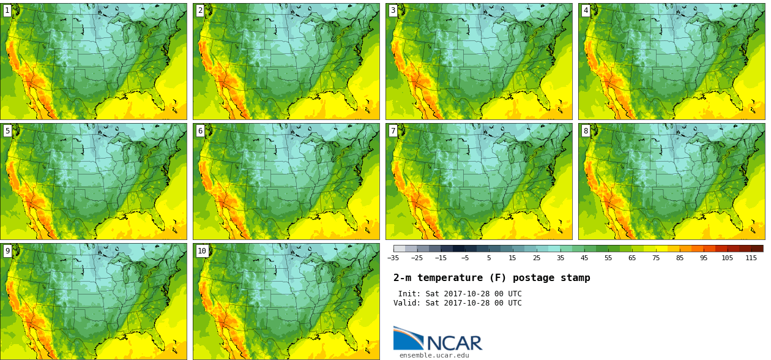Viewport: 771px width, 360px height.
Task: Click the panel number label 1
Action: point(7,10)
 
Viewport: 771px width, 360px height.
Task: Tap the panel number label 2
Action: point(200,10)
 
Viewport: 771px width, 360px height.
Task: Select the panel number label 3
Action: point(393,10)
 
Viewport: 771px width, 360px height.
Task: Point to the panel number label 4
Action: point(586,10)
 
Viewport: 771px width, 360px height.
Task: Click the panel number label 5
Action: point(7,130)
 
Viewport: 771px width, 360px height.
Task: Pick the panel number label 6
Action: point(200,130)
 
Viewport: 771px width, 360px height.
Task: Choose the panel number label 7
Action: point(393,130)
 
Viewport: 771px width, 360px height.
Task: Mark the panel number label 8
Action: point(586,130)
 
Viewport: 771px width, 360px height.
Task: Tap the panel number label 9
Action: point(7,250)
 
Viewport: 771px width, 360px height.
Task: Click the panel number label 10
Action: point(202,250)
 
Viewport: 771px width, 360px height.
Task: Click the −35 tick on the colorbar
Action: point(393,258)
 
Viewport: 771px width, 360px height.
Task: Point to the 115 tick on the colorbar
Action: point(751,258)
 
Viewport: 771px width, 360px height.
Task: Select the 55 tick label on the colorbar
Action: point(608,258)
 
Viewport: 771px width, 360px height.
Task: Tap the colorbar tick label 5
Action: point(489,258)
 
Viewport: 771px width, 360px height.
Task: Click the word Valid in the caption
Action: point(406,303)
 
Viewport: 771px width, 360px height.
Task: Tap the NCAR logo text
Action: point(454,343)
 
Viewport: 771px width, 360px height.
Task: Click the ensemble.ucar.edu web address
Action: point(434,355)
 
